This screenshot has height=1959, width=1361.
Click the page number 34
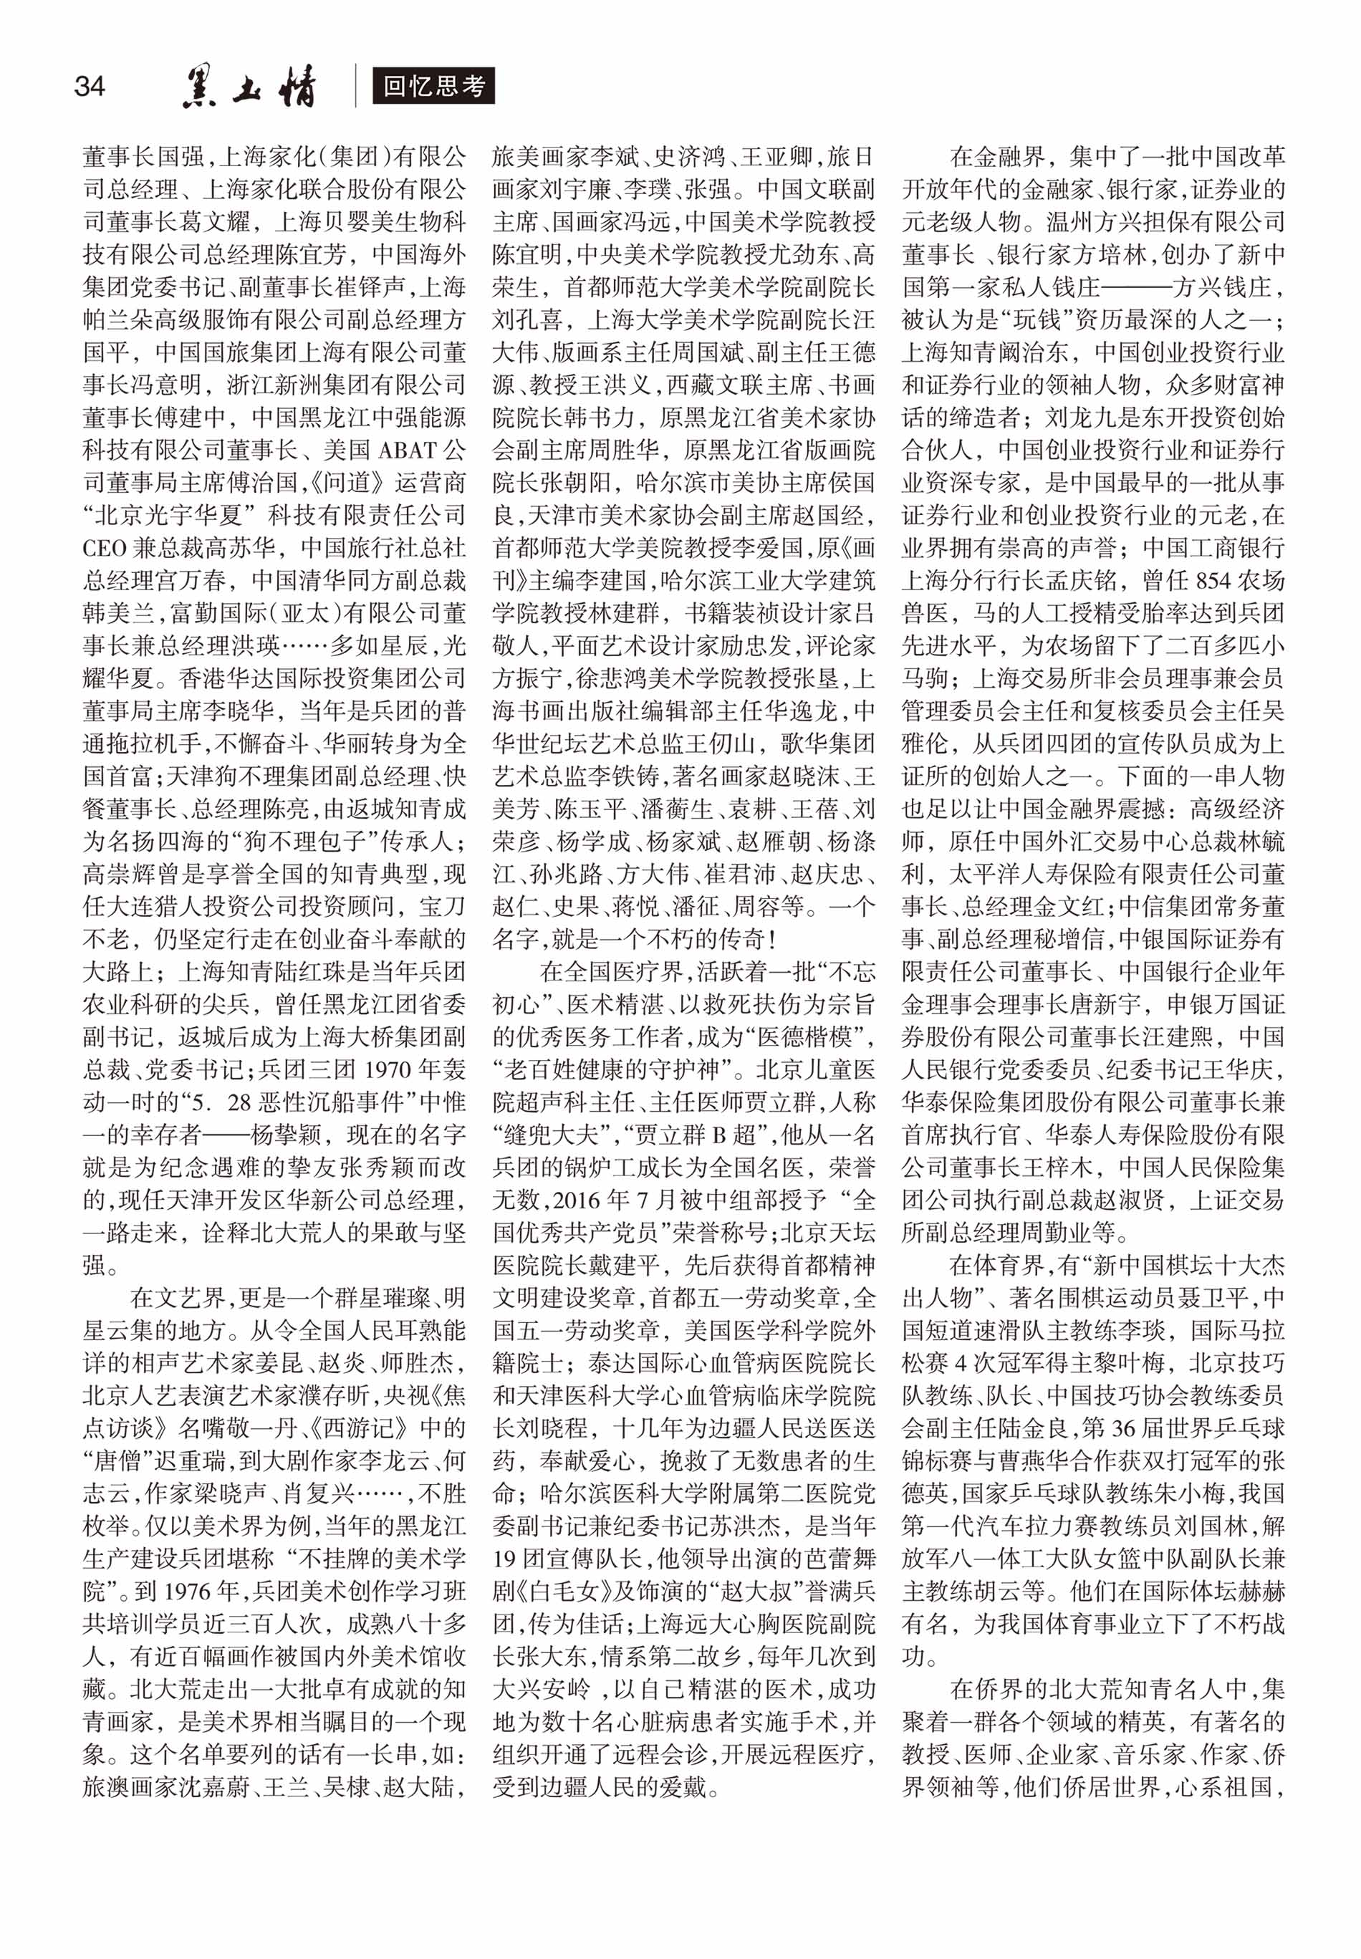tap(90, 85)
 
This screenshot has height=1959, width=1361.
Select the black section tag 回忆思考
tap(433, 86)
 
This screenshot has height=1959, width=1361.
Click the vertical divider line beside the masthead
tap(357, 86)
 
